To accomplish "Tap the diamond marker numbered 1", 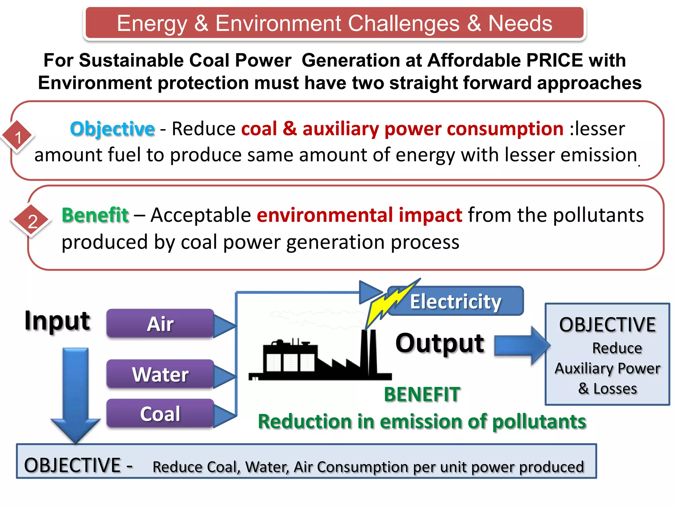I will tap(18, 137).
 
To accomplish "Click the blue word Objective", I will tap(112, 129).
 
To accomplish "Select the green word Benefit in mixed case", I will tap(95, 215).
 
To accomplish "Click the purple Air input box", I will tap(161, 323).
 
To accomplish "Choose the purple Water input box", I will tap(161, 374).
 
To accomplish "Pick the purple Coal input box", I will tap(161, 414).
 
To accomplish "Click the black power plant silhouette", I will tap(320, 359).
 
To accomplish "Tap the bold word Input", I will tap(57, 321).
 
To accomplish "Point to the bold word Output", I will tap(440, 343).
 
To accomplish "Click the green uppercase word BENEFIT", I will tap(422, 394).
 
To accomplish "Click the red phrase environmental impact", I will tap(360, 215).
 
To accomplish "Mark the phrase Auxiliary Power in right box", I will tap(607, 369).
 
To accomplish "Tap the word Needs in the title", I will tap(520, 24).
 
